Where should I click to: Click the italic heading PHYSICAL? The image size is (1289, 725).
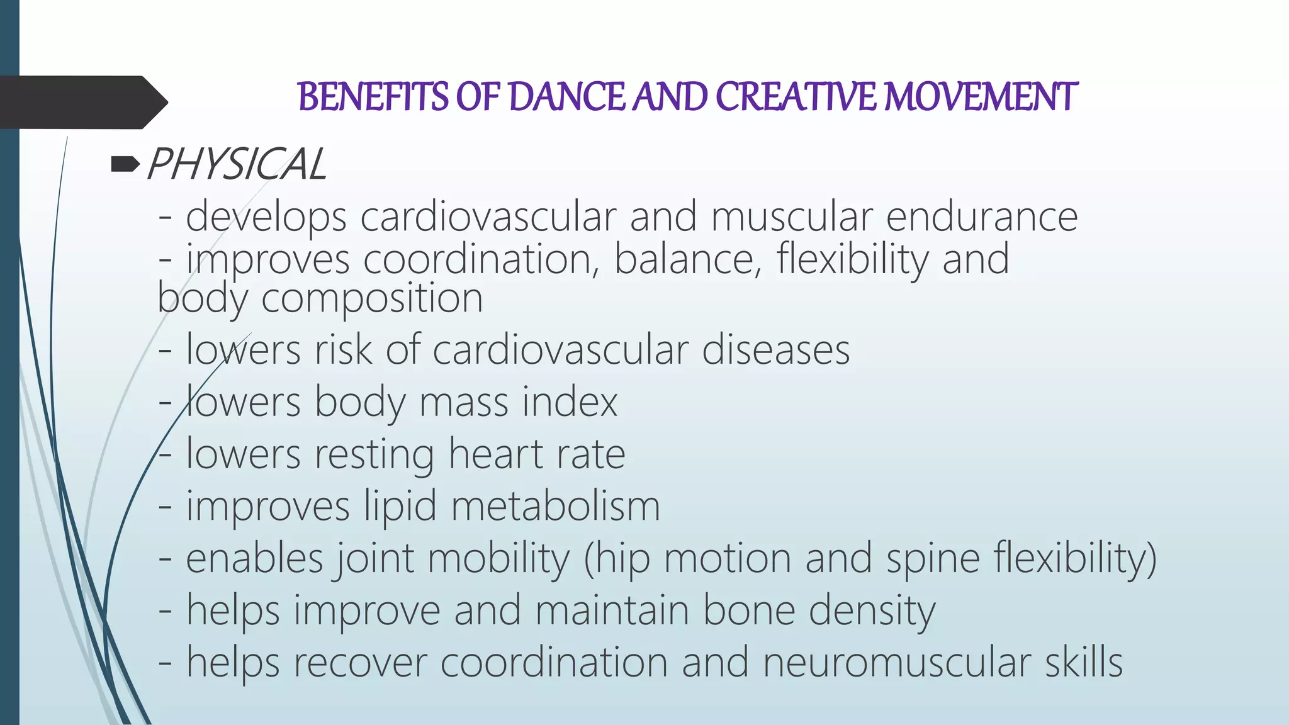pyautogui.click(x=236, y=165)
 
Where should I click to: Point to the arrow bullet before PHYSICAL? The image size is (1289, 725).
pyautogui.click(x=125, y=165)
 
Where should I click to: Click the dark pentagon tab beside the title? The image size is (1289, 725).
pyautogui.click(x=82, y=102)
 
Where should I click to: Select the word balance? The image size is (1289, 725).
pyautogui.click(x=688, y=259)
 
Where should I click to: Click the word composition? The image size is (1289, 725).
pyautogui.click(x=372, y=298)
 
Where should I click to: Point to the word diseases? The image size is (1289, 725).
pyautogui.click(x=775, y=350)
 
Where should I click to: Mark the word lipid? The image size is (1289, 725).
pyautogui.click(x=400, y=506)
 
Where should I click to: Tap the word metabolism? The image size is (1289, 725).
pyautogui.click(x=556, y=506)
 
